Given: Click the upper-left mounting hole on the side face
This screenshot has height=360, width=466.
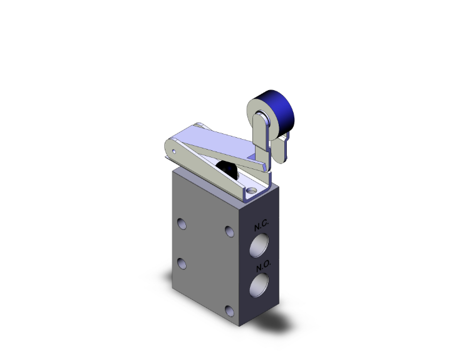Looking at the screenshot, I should (x=182, y=224).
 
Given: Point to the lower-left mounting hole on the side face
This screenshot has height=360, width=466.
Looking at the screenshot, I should (x=182, y=264).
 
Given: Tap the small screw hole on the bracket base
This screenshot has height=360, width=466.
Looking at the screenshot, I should (x=252, y=191).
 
